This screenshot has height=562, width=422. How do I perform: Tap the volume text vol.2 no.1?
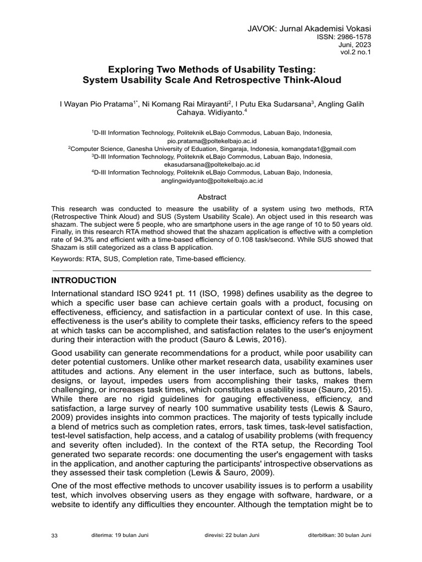[x=356, y=53]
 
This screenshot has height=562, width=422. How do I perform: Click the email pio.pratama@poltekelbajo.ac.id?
[x=212, y=141]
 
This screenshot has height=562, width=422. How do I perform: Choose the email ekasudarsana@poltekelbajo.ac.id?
[x=212, y=164]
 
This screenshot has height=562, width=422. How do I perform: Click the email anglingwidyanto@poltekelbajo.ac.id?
[x=212, y=180]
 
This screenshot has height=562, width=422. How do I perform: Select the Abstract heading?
[x=212, y=197]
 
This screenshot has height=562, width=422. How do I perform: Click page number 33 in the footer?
[x=54, y=536]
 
